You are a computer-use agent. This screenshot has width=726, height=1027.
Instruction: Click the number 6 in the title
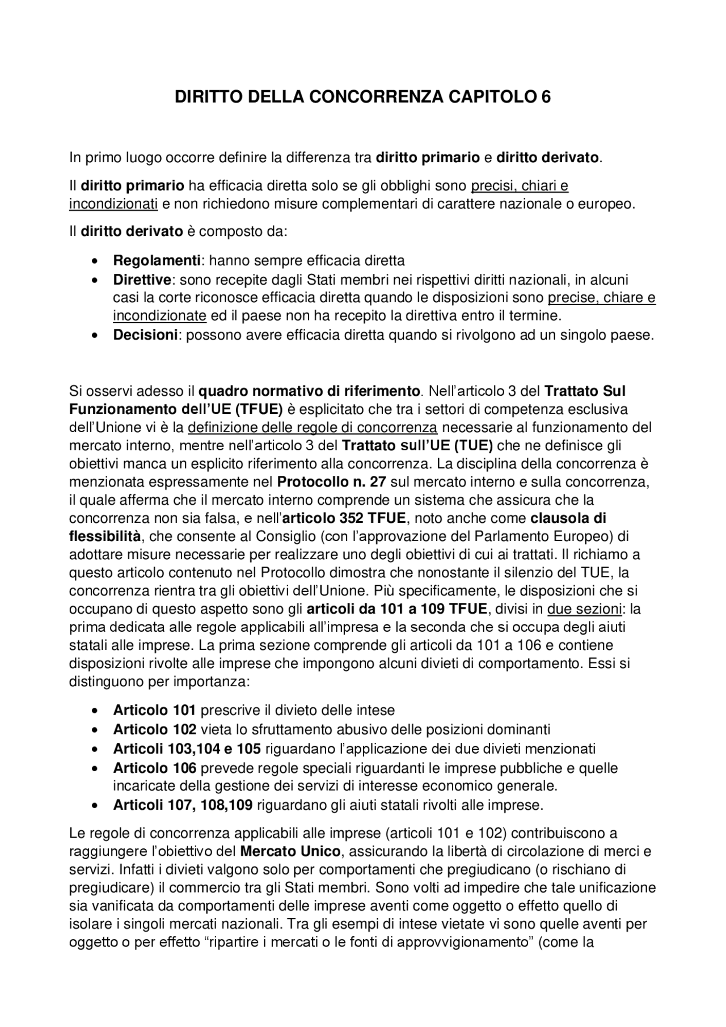pos(546,98)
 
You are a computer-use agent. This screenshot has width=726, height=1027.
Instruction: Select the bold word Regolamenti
pos(157,261)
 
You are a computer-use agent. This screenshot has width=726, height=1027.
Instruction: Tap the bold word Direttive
pos(142,280)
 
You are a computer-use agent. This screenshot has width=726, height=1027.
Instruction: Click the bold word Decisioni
pos(146,335)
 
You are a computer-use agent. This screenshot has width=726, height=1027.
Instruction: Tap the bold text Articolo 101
pos(154,710)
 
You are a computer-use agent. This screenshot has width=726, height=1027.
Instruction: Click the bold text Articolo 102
pos(155,729)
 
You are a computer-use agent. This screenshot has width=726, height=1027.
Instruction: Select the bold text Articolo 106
pos(155,768)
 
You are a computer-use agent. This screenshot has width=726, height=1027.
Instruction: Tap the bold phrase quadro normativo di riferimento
pos(309,391)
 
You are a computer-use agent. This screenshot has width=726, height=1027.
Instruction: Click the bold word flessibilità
pos(105,536)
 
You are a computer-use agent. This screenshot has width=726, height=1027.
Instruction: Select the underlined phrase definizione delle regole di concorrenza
pos(313,427)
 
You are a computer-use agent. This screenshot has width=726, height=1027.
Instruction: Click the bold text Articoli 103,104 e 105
pos(187,749)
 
